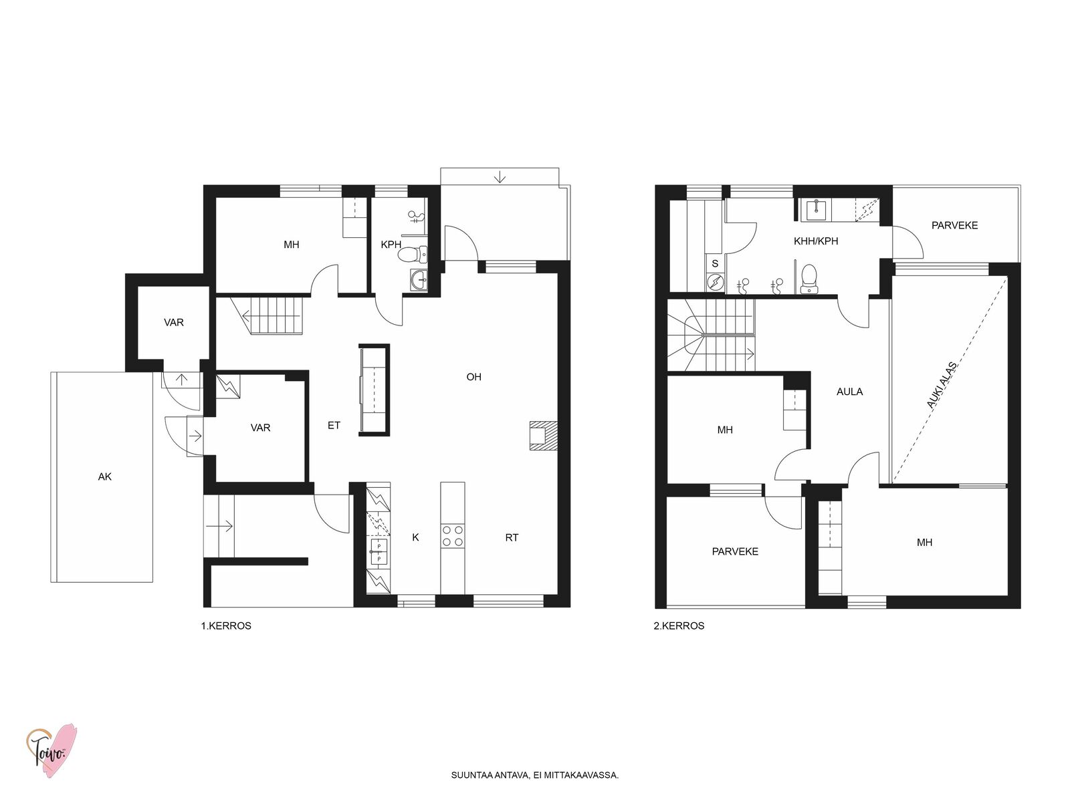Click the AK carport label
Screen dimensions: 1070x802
[x=105, y=477]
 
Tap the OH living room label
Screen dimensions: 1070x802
[x=474, y=377]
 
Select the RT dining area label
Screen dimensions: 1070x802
[x=512, y=537]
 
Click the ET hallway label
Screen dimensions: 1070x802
[x=334, y=426]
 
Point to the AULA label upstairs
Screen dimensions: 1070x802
[x=850, y=392]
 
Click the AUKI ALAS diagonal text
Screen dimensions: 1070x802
[x=942, y=385]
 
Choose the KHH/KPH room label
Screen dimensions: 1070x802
[x=816, y=241]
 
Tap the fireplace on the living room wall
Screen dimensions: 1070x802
[x=544, y=435]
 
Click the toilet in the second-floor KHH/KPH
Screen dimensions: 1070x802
[x=809, y=279]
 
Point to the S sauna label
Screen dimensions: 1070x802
[x=715, y=264]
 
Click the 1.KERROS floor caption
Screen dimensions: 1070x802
[x=226, y=626]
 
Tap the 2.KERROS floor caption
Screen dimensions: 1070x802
[x=679, y=626]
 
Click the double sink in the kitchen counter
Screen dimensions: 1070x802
[x=379, y=552]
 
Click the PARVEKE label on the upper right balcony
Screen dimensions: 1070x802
[x=954, y=225]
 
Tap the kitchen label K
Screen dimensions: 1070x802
[x=415, y=537]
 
